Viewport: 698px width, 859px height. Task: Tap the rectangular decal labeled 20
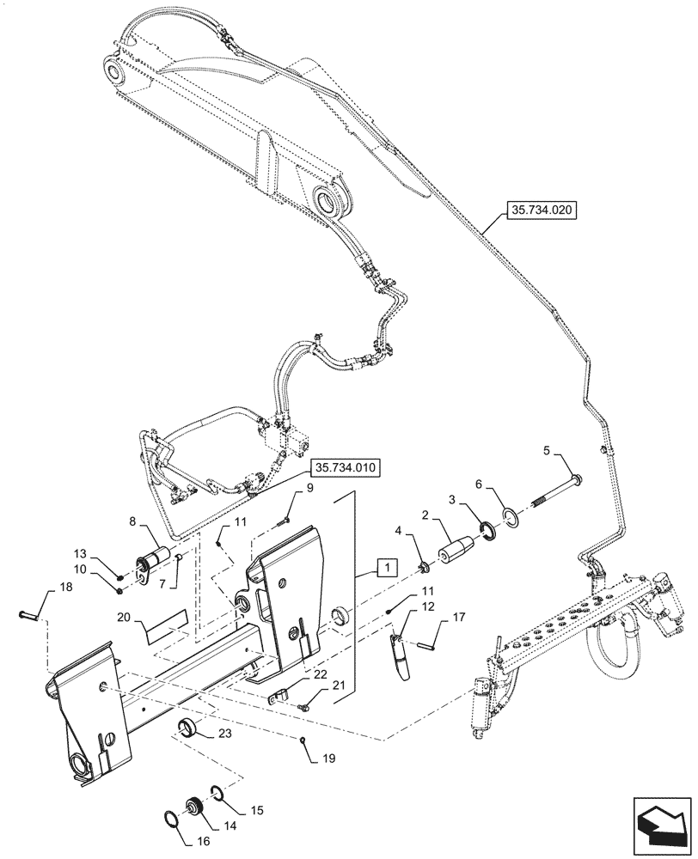(165, 626)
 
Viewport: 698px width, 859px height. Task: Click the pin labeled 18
(29, 614)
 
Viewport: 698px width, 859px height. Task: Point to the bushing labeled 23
(189, 729)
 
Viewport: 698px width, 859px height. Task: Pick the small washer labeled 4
(424, 567)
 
